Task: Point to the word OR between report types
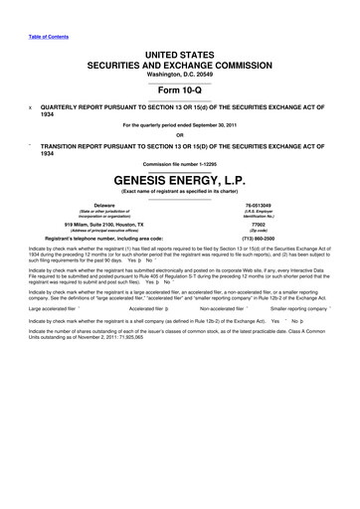(x=180, y=136)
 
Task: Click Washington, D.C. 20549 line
(x=180, y=75)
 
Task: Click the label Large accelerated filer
(x=52, y=308)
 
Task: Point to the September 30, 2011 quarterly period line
(x=180, y=124)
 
